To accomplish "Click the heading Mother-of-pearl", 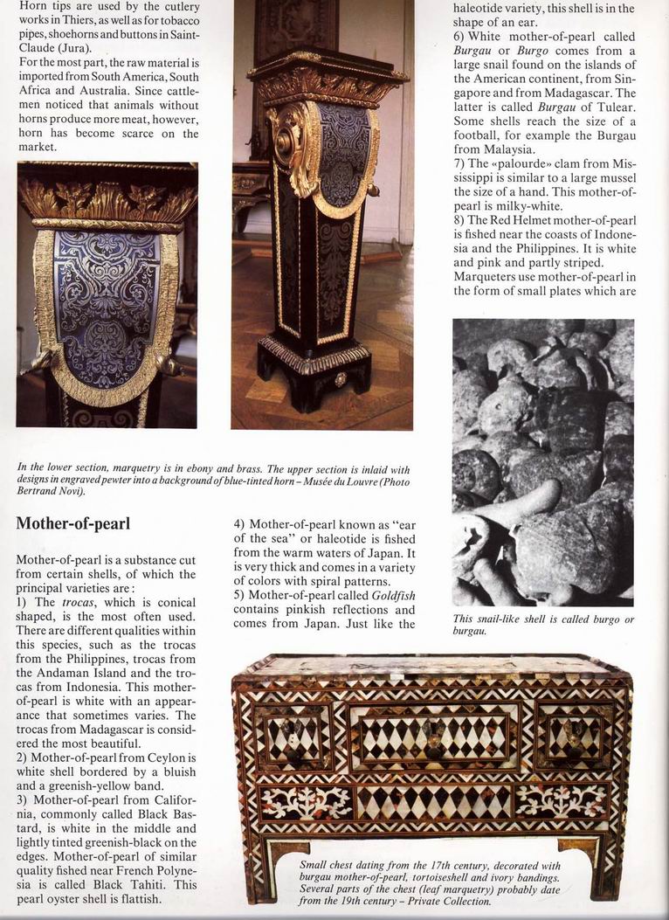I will [73, 524].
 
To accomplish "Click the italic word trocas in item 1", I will [79, 603].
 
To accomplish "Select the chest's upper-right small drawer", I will [573, 735].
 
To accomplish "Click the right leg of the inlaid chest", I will [606, 865].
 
